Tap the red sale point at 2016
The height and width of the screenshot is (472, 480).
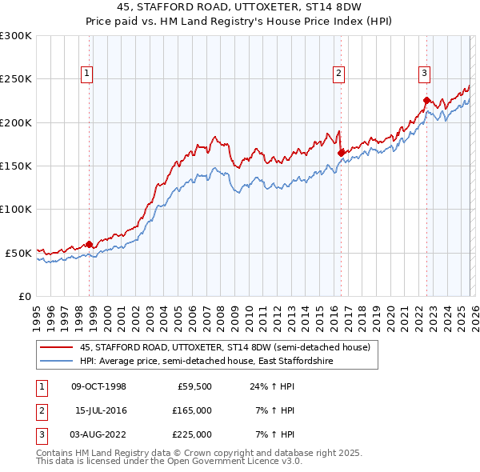click(x=342, y=152)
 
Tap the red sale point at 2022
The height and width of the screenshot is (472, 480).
click(x=427, y=101)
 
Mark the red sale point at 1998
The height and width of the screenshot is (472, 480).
click(x=90, y=244)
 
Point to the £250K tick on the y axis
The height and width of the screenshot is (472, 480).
click(x=16, y=79)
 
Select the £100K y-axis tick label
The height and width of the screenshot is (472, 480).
click(x=16, y=209)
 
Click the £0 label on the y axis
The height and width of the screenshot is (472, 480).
click(x=24, y=296)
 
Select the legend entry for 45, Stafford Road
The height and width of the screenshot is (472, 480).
click(x=224, y=348)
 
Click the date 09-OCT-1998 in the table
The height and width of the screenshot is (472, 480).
click(x=98, y=386)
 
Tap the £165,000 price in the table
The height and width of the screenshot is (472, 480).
click(x=192, y=410)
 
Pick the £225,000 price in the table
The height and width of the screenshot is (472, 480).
click(x=192, y=434)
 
